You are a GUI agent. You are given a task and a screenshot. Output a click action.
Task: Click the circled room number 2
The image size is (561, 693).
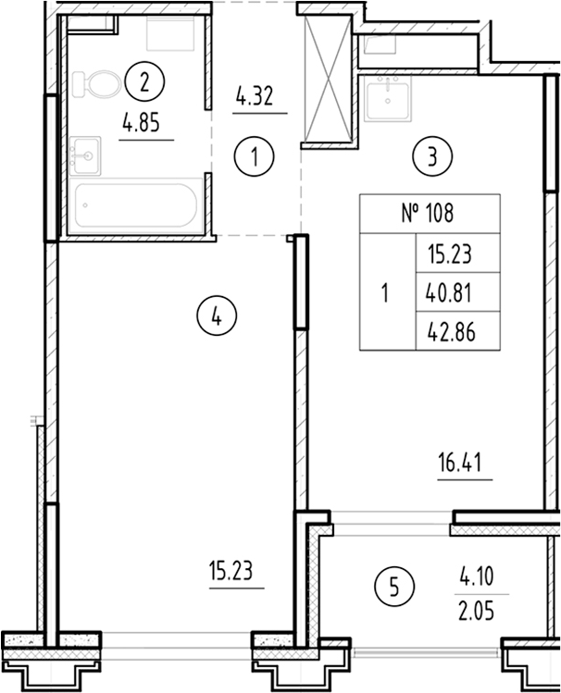tap(143, 81)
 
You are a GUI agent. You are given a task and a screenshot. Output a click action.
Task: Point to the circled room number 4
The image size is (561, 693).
tap(216, 317)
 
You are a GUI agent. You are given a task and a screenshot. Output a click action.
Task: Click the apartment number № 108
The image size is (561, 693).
tap(429, 214)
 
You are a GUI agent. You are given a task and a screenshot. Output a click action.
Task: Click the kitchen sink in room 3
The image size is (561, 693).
tap(389, 101)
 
